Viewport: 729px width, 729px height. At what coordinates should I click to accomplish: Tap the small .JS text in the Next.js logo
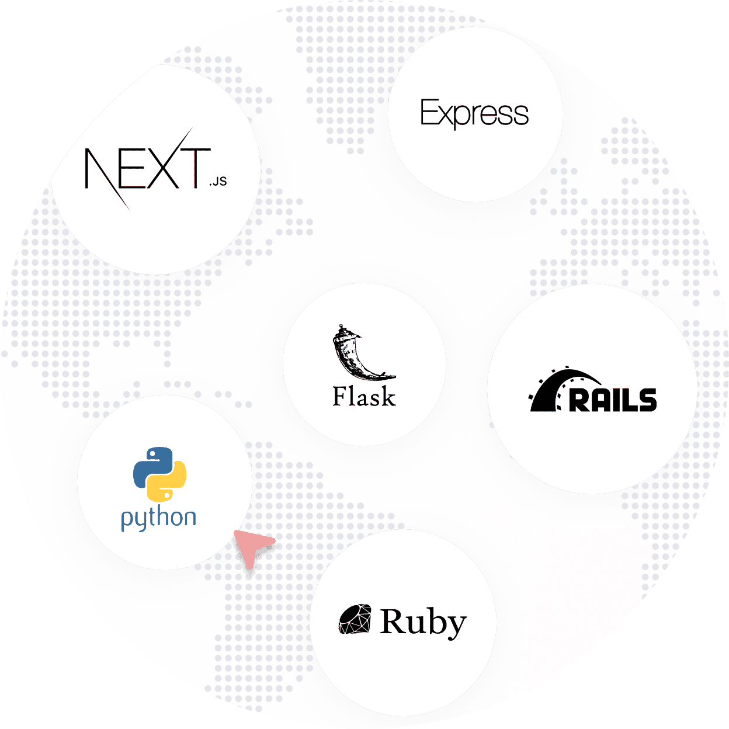tap(217, 182)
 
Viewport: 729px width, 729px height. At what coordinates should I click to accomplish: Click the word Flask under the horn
tap(364, 397)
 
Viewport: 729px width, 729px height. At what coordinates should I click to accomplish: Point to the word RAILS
tap(613, 400)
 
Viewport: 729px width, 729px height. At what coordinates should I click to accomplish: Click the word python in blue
tap(158, 518)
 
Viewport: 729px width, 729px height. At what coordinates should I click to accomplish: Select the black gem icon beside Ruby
tap(355, 619)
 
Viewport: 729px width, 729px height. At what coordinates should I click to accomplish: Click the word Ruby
tap(423, 622)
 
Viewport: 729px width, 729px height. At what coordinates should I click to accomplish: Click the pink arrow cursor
tap(251, 546)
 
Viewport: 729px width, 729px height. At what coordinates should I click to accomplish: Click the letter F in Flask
tap(341, 397)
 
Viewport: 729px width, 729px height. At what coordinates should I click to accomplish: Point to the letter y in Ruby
tap(455, 626)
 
